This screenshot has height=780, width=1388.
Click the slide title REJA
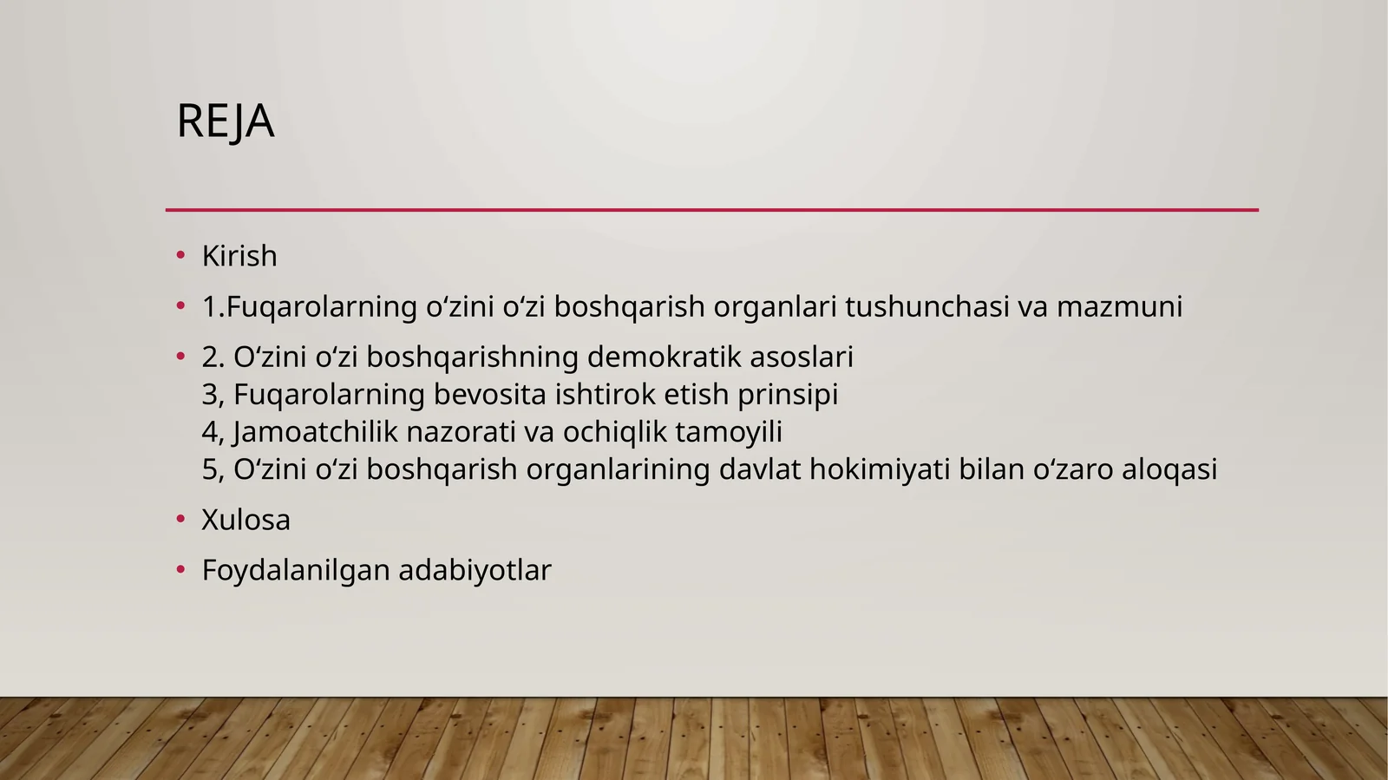coord(226,121)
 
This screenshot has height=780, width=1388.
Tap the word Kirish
coord(239,256)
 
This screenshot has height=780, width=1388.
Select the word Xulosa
coord(246,520)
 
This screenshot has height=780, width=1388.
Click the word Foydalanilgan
coord(296,570)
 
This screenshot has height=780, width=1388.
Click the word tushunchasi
coord(926,306)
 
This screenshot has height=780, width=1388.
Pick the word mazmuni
coord(1119,306)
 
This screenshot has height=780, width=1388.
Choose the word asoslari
coord(802,357)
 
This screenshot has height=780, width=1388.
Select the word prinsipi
coord(788,394)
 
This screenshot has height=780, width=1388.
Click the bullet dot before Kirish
coord(180,256)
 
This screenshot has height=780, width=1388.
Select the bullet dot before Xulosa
coord(180,520)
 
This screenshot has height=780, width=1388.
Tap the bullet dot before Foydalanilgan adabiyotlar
coord(180,570)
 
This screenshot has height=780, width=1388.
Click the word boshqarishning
coord(473,357)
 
